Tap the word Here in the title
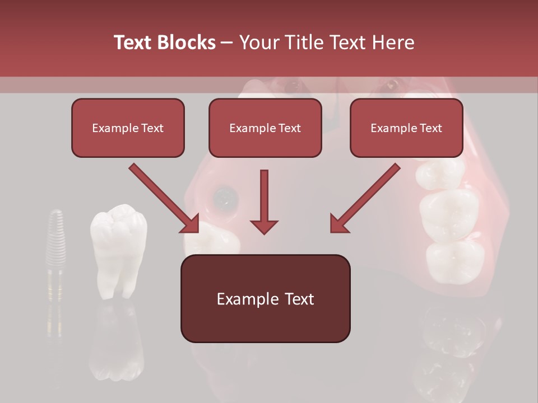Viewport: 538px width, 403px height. pyautogui.click(x=392, y=42)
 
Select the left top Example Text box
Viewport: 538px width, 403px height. pyautogui.click(x=128, y=128)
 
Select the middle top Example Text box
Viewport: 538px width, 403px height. pyautogui.click(x=265, y=128)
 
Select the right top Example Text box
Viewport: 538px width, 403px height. pyautogui.click(x=406, y=128)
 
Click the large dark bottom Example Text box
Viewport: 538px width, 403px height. pyautogui.click(x=265, y=298)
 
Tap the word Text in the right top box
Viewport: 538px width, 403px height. pyautogui.click(x=430, y=128)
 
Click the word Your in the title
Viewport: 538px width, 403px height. pyautogui.click(x=258, y=42)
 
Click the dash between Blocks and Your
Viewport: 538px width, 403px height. pyautogui.click(x=227, y=43)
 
